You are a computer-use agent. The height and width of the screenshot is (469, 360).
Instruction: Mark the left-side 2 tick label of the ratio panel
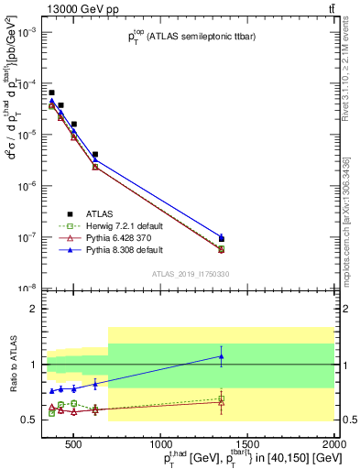point(34,309)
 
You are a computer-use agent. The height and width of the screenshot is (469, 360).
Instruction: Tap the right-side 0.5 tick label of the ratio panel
point(347,420)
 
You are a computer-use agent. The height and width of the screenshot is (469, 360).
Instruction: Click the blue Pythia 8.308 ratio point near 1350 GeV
point(221,355)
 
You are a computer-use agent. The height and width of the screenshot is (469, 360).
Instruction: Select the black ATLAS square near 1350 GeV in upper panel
point(221,239)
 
